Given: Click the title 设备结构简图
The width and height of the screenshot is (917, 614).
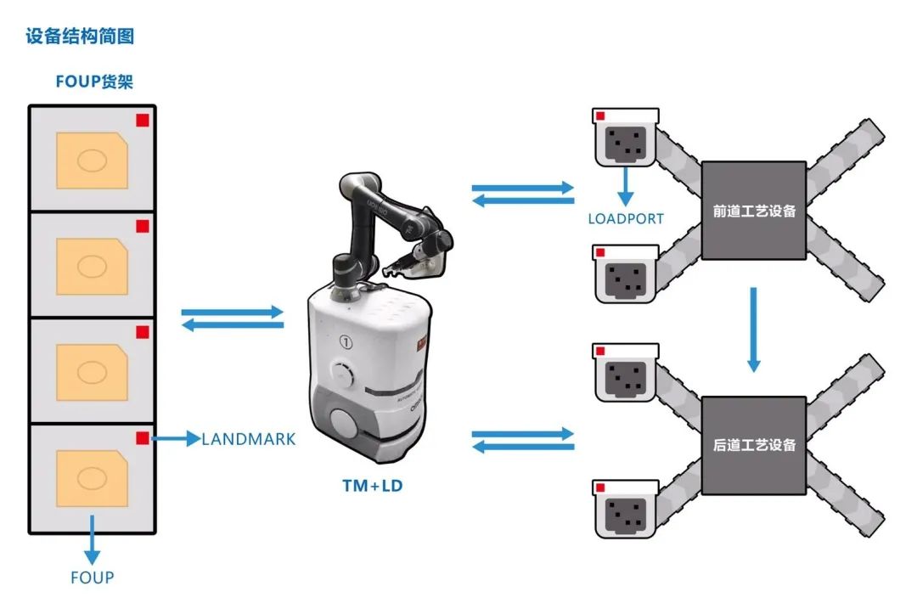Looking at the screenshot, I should coord(80,37).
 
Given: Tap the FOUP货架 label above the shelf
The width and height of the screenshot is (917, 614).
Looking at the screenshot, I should coord(94,82).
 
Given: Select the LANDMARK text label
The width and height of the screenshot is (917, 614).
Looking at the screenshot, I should coord(248,439).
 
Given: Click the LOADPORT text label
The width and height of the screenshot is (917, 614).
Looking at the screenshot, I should coord(626,218).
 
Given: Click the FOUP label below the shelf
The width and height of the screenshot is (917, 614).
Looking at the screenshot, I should coord(92,577).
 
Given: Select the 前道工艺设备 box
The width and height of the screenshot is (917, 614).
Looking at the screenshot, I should coord(754,211).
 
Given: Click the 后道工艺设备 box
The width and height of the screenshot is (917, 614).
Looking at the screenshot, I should coord(754,444).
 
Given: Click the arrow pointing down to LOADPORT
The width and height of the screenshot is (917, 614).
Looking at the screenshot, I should coord(626,186).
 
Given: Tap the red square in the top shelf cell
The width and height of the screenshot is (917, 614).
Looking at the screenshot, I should coord(143,121).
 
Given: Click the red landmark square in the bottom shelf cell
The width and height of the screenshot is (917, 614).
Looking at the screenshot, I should coord(143,437).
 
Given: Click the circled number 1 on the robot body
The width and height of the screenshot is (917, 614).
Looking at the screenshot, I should coord(345,342).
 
